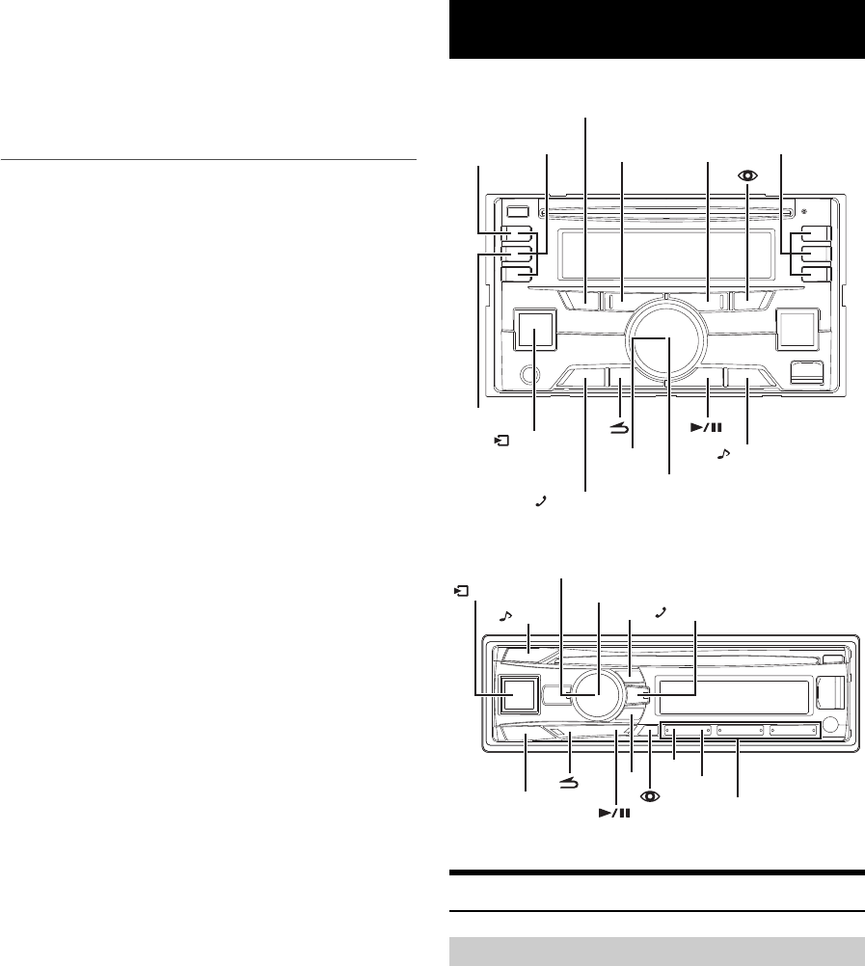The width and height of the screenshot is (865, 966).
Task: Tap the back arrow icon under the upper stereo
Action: (x=619, y=433)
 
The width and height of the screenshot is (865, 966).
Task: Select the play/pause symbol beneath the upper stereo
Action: (x=707, y=426)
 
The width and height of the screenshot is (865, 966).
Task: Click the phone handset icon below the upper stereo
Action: (x=543, y=501)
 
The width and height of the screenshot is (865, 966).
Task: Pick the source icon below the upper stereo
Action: (x=500, y=441)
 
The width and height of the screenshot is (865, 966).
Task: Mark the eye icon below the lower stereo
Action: (x=651, y=798)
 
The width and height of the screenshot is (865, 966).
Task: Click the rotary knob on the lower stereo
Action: (x=598, y=695)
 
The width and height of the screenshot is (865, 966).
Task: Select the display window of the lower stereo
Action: (x=734, y=694)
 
